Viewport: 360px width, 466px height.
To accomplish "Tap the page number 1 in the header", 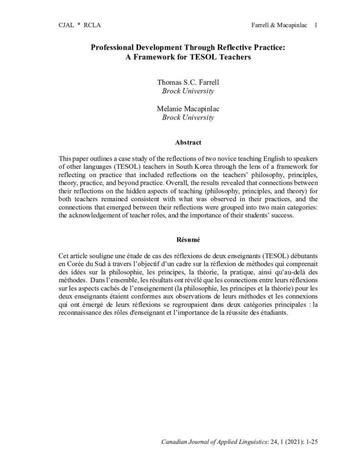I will [315, 25].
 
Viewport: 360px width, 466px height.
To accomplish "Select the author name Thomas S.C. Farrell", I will [188, 83].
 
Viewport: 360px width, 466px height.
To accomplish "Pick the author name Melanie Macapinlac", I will [188, 109].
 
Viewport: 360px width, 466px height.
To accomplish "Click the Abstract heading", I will [188, 143].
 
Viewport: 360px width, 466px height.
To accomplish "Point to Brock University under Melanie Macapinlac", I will [188, 118].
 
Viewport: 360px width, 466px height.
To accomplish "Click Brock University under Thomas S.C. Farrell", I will [188, 91].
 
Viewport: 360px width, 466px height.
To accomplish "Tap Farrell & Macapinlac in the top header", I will [277, 25].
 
